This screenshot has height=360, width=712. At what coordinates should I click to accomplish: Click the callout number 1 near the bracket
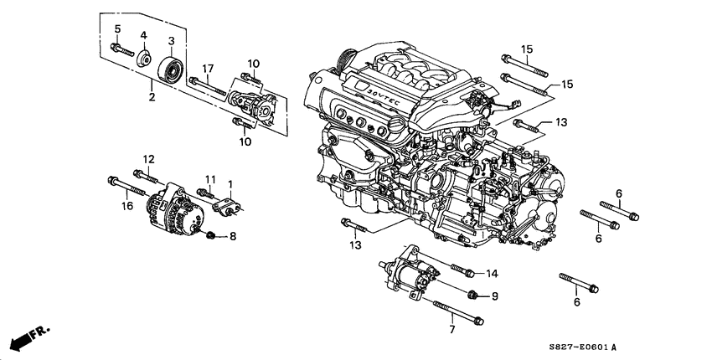click(230, 183)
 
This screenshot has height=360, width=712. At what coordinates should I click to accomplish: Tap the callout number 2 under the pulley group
click(152, 97)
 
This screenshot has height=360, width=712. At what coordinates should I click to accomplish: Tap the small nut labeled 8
click(212, 234)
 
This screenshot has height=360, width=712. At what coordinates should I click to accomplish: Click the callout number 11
click(211, 179)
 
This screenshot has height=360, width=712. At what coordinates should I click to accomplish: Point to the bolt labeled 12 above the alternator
click(147, 177)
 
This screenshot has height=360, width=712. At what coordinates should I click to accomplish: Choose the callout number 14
click(492, 273)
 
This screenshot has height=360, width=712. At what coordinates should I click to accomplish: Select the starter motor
click(410, 271)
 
